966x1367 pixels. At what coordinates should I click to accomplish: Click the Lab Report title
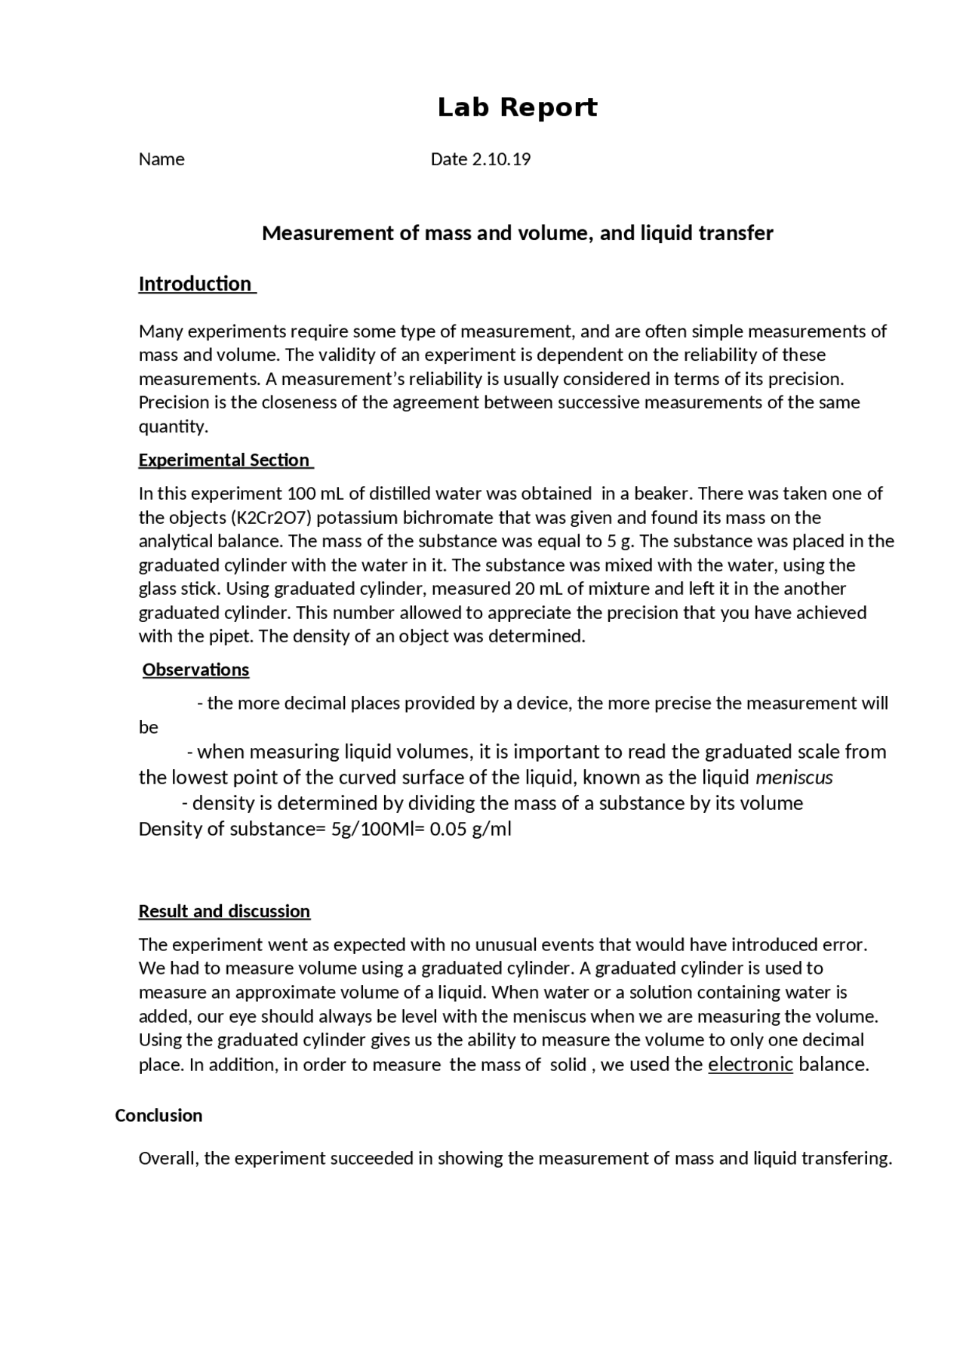click(x=517, y=108)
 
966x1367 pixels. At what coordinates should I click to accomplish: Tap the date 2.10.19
click(x=501, y=159)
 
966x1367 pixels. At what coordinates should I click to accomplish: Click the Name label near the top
click(x=162, y=159)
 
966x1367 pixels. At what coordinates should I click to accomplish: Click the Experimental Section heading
click(x=224, y=460)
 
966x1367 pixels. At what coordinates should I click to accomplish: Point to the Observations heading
click(x=195, y=670)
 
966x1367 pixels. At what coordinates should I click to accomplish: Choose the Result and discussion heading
click(x=224, y=912)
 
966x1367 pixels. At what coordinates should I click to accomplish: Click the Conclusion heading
click(x=158, y=1116)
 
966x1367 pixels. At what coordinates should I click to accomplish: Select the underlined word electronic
click(x=750, y=1065)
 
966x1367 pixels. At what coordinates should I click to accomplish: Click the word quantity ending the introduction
click(x=173, y=427)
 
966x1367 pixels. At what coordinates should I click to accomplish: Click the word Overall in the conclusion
click(x=168, y=1159)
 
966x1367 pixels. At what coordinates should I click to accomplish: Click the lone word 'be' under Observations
click(x=149, y=728)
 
